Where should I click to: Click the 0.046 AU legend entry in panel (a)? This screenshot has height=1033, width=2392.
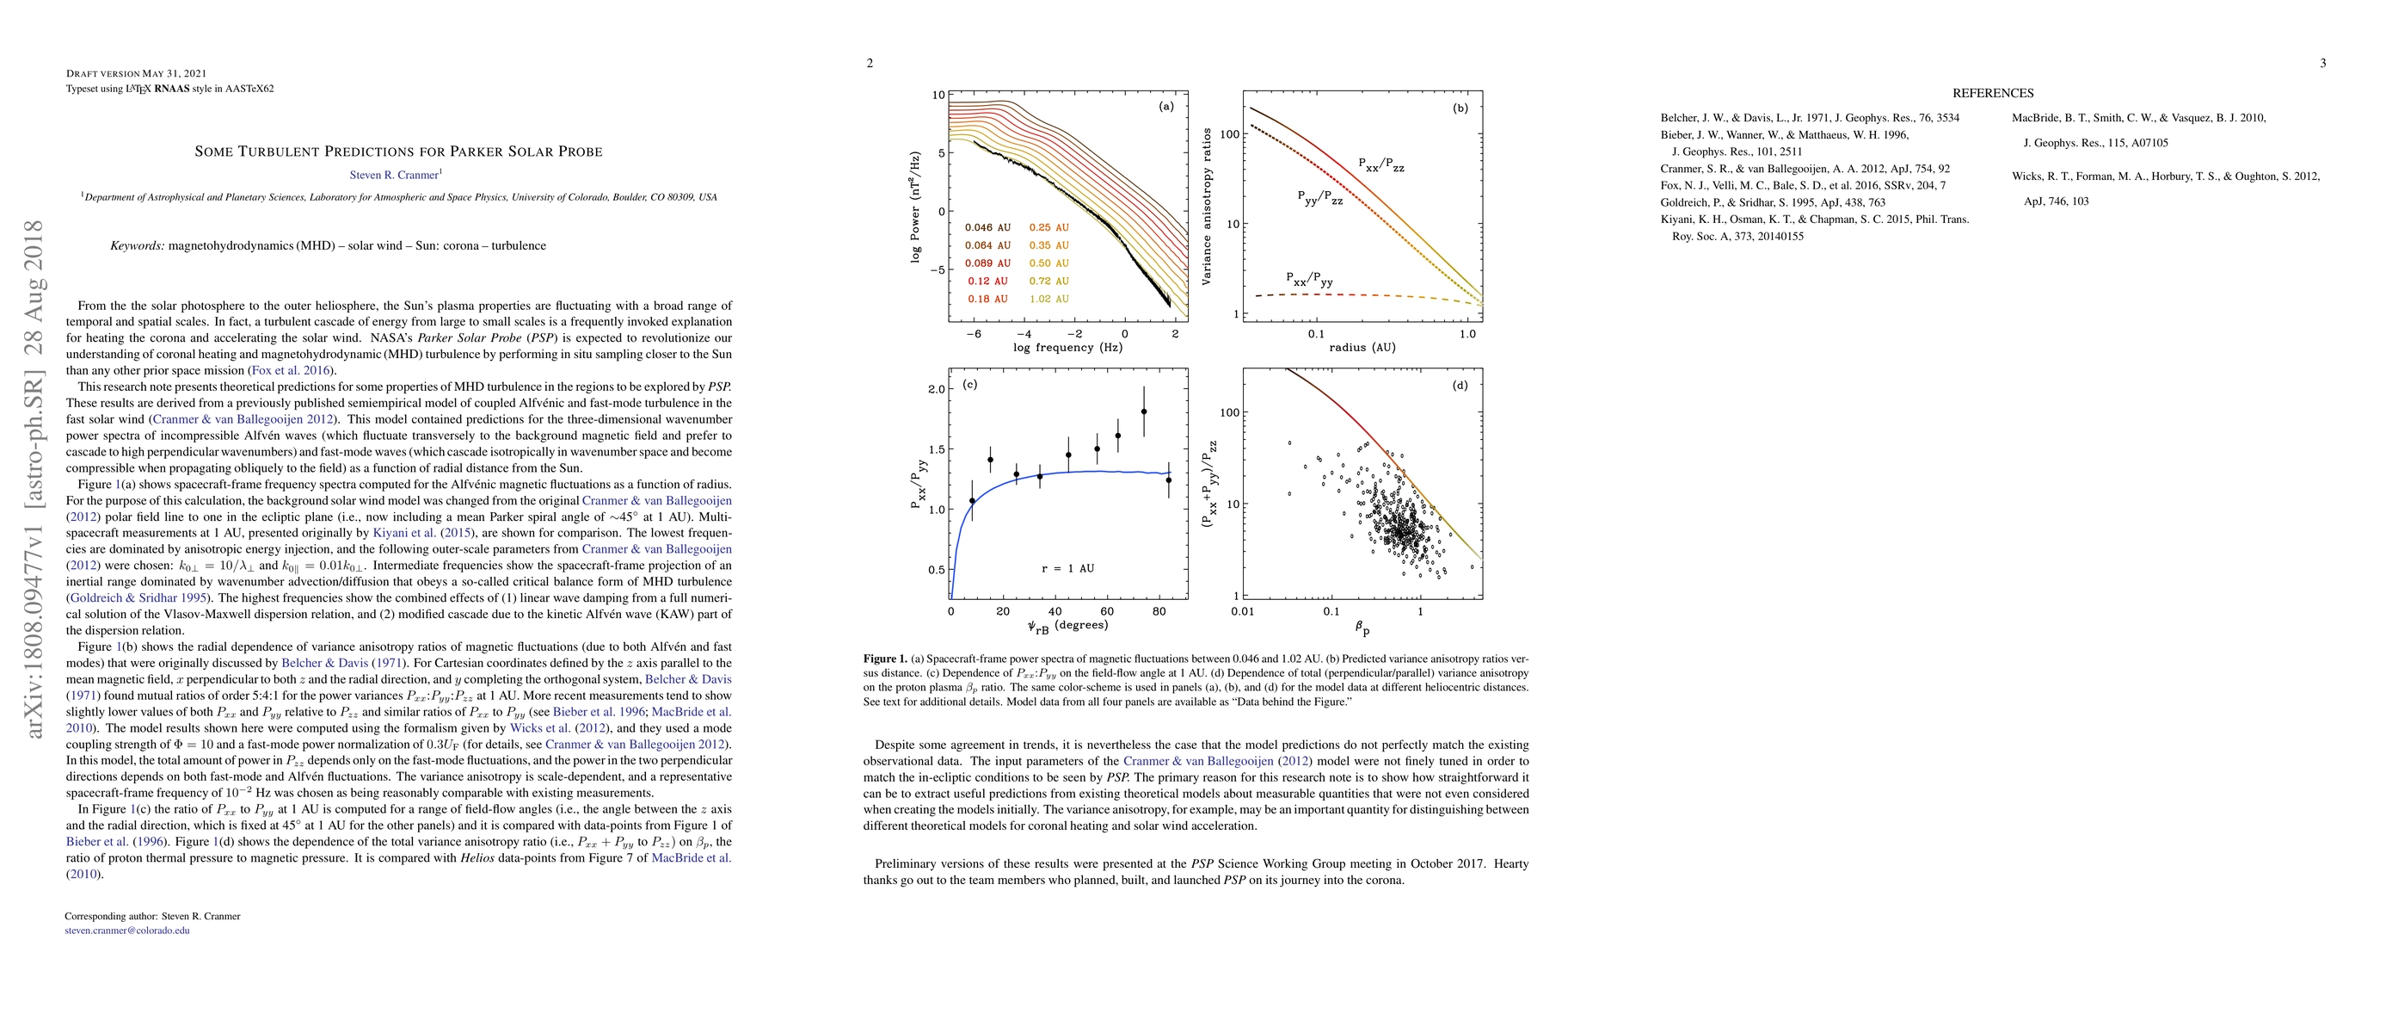coord(987,227)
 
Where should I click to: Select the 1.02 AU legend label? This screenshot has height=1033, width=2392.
coord(1048,299)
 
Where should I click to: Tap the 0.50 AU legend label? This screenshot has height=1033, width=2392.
coord(1048,263)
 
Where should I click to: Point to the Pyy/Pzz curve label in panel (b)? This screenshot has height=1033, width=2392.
coord(1319,197)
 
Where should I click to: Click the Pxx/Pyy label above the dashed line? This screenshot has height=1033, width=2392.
coord(1309,279)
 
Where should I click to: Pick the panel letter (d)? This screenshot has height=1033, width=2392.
coord(1460,385)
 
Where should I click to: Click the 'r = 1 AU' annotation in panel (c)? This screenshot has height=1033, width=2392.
coord(1068,567)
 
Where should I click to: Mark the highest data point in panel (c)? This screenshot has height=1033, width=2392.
coord(1144,411)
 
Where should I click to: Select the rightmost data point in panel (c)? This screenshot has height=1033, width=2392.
coord(1168,480)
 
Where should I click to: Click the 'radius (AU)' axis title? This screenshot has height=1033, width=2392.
coord(1362,348)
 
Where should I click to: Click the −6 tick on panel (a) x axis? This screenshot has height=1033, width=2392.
coord(973,333)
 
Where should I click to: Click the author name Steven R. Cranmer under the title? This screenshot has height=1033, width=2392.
coord(395,175)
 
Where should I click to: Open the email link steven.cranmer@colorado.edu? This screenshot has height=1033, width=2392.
coord(127,930)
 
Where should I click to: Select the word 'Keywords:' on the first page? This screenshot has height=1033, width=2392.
coord(138,246)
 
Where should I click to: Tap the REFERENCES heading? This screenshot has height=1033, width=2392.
coord(1993,93)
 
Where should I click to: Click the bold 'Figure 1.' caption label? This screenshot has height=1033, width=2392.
coord(885,659)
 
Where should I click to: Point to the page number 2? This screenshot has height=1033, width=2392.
coord(870,63)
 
